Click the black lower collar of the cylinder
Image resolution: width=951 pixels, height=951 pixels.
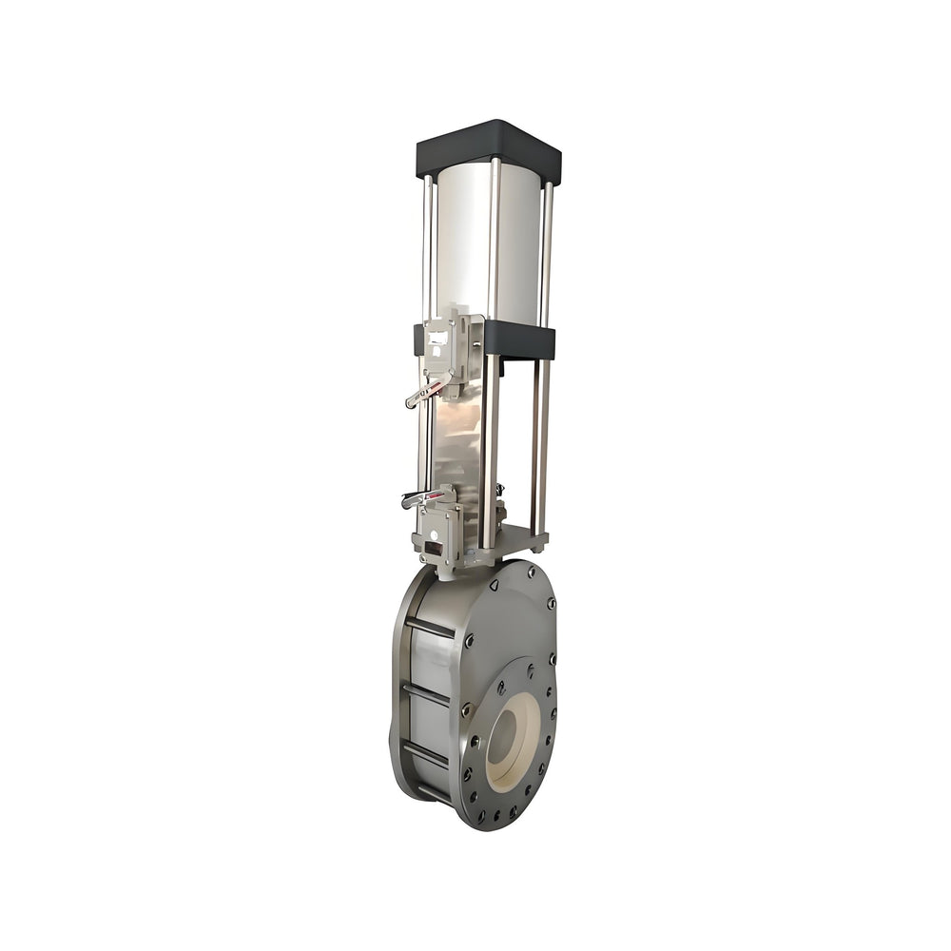[519, 339]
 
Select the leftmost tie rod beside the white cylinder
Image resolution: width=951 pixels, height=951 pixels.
[427, 247]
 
